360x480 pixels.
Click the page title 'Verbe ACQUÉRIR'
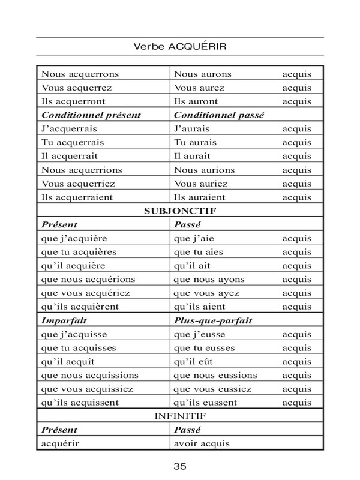pyautogui.click(x=180, y=46)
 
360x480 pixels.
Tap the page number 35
pyautogui.click(x=180, y=466)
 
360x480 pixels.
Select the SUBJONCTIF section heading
pyautogui.click(x=180, y=211)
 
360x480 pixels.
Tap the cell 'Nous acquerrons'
pyautogui.click(x=80, y=74)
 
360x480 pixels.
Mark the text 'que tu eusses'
pyautogui.click(x=204, y=348)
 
